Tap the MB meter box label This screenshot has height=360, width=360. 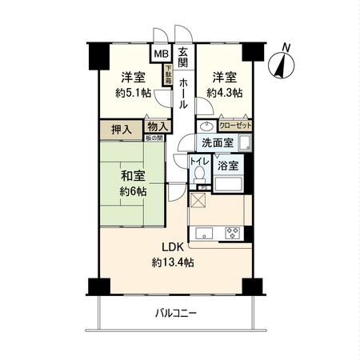(x=161, y=54)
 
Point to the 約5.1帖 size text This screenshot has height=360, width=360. (x=133, y=92)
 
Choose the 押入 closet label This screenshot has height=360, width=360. (x=122, y=127)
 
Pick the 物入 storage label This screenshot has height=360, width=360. (x=157, y=126)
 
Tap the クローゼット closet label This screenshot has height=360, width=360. (x=234, y=126)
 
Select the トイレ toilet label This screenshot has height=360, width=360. (x=199, y=162)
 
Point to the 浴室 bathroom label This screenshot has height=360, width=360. (x=228, y=166)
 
